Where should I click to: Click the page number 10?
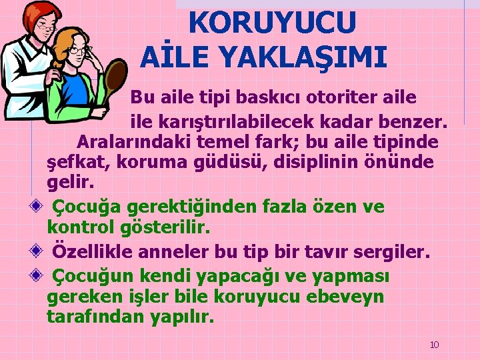tap(434, 345)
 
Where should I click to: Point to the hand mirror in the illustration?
tap(117, 77)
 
